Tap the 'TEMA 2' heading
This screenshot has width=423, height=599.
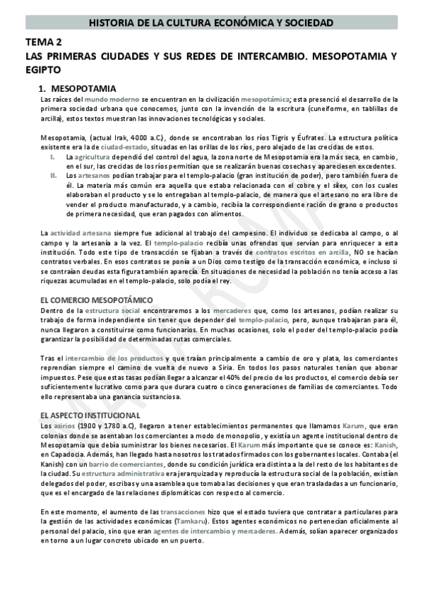43,43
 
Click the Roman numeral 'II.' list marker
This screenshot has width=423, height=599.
53,174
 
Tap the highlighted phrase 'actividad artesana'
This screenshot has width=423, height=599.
81,233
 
